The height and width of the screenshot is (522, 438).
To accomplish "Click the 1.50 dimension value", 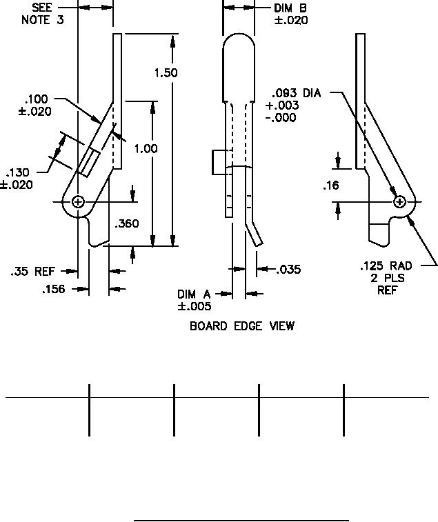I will (166, 72).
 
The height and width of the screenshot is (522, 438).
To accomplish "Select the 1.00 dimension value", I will (146, 148).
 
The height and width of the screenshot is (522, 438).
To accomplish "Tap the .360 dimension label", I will (128, 223).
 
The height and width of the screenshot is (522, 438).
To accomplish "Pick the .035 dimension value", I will (288, 270).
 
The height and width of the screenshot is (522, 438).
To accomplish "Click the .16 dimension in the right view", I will (331, 185).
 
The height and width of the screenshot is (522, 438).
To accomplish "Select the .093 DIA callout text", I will (297, 93).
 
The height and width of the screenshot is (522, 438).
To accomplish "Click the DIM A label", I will (194, 294).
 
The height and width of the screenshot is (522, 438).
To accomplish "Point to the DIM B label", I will (290, 8).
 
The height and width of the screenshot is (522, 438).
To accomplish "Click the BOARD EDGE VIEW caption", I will (242, 325).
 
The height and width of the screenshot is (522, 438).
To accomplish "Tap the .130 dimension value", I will (19, 173).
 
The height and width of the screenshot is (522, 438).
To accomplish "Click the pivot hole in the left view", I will (78, 201).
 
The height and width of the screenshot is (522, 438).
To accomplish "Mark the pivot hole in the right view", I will (399, 201).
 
